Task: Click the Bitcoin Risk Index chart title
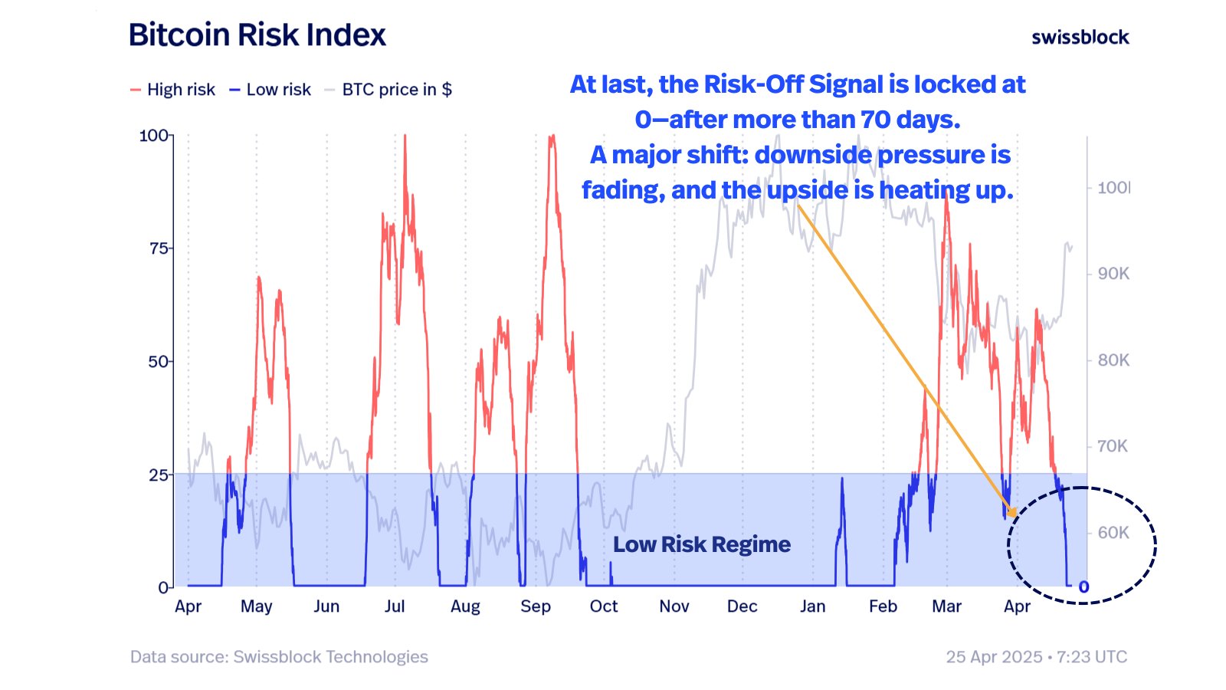(257, 35)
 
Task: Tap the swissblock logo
(1080, 37)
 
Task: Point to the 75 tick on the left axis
(159, 248)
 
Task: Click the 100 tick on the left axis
(154, 136)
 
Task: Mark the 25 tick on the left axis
(159, 475)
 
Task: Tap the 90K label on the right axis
(1113, 274)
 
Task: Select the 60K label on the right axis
(1113, 533)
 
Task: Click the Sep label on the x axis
(536, 606)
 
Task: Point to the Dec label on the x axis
(742, 606)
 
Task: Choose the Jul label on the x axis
(395, 606)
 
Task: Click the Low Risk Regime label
(701, 544)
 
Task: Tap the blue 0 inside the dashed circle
(1083, 587)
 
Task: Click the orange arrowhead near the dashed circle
(1012, 512)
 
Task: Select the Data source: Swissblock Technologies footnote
(279, 657)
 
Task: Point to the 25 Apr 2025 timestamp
(994, 657)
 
